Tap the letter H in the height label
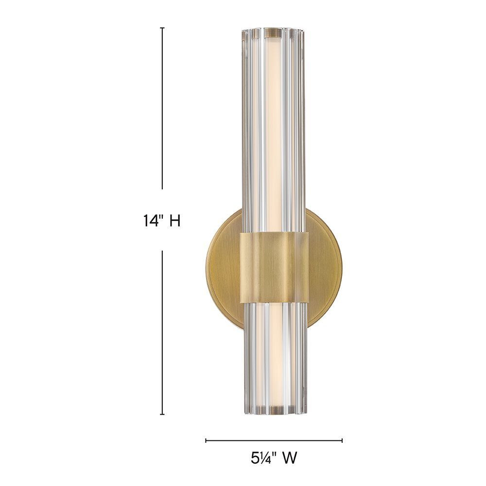(x=174, y=221)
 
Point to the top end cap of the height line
(x=162, y=28)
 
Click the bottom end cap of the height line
(x=162, y=415)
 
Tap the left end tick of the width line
(x=206, y=440)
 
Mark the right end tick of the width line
(x=342, y=440)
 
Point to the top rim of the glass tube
(x=273, y=31)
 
